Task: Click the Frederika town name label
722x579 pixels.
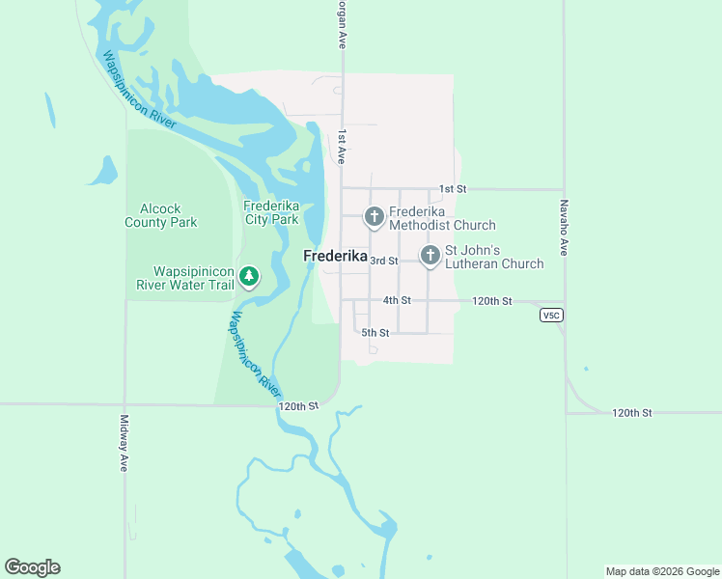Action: tap(335, 257)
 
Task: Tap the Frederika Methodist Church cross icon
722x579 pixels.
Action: tap(375, 218)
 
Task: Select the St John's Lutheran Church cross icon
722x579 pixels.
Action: tap(430, 256)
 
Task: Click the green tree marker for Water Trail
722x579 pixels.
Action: tap(249, 278)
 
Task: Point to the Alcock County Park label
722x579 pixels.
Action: tap(161, 215)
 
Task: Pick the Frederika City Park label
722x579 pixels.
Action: tap(271, 212)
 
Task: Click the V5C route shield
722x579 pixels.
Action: tap(551, 316)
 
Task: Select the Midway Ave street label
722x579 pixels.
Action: tap(125, 443)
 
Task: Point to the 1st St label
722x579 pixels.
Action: tap(452, 189)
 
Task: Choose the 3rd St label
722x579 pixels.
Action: tap(384, 261)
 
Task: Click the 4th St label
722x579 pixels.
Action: tap(397, 300)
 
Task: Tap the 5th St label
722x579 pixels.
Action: tap(375, 333)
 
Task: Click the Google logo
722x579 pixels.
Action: tap(32, 567)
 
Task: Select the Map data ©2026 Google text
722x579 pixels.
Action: tap(662, 571)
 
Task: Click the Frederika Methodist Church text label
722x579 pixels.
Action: tap(442, 218)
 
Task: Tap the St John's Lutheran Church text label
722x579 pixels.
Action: tap(494, 257)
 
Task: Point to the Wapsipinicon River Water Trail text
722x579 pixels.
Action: tap(193, 278)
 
